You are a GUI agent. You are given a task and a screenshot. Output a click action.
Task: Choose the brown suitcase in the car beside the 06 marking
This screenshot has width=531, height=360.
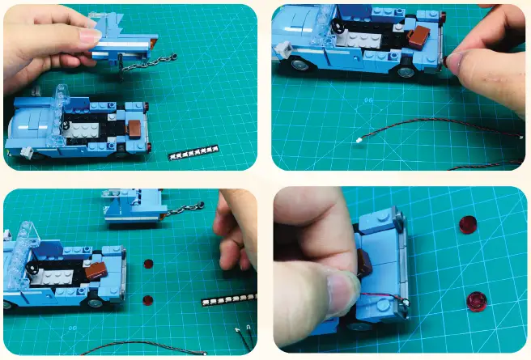pos(419,34)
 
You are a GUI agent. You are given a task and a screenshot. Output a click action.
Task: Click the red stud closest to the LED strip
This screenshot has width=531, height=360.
pos(147,300)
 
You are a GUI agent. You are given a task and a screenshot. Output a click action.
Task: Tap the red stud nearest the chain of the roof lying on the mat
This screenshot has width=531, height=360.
pos(149,262)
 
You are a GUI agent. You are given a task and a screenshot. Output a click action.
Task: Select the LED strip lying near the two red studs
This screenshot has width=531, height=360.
pos(229,300)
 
